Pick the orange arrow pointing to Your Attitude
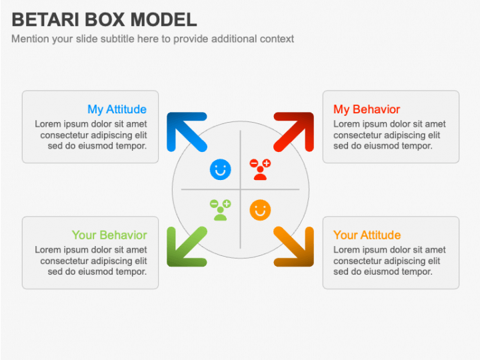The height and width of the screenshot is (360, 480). [294, 247]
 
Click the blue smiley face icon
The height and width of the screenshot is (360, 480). [220, 169]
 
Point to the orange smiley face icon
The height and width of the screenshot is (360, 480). [261, 210]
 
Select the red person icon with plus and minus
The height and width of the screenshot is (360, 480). [260, 169]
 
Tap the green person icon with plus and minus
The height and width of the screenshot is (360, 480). [220, 210]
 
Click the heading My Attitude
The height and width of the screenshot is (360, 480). [117, 110]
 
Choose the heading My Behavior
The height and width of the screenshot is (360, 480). [367, 110]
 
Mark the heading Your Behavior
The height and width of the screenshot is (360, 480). [109, 235]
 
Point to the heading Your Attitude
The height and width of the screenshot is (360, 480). [367, 235]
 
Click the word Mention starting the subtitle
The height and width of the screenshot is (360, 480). [30, 39]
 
